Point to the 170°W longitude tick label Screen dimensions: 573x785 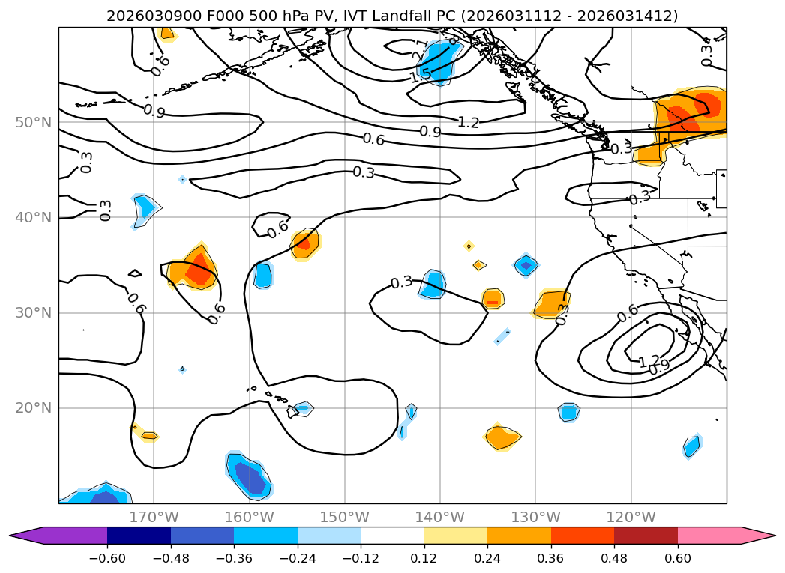point(154,517)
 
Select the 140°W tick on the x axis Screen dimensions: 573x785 point(440,517)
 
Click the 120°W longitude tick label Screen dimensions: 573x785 point(631,517)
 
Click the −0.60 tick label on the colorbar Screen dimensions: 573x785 point(107,559)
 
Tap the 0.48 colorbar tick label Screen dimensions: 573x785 point(614,559)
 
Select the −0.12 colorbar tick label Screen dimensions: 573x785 point(361,559)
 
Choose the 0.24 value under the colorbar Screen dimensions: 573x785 point(487,559)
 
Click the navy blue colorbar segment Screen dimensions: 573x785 point(139,536)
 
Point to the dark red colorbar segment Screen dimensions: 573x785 point(646,536)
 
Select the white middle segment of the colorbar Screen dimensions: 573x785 point(392,536)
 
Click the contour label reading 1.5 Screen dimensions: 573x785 point(420,75)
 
